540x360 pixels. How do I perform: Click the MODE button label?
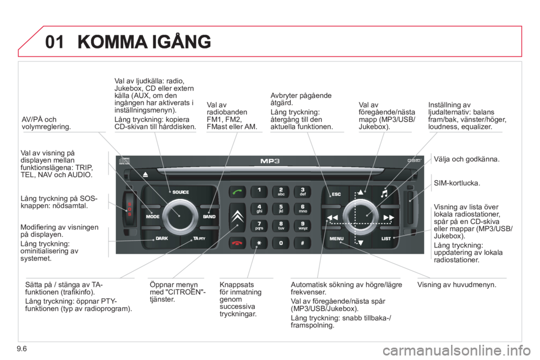pyautogui.click(x=152, y=217)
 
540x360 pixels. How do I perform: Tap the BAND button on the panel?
pyautogui.click(x=209, y=217)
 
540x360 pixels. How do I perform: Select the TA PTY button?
pyautogui.click(x=199, y=238)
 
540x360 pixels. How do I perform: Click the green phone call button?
pyautogui.click(x=237, y=192)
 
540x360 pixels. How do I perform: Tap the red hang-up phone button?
pyautogui.click(x=237, y=243)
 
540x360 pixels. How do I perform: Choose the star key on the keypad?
pyautogui.click(x=259, y=243)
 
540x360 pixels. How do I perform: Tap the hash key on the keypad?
pyautogui.click(x=303, y=243)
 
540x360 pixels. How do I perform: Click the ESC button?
pyautogui.click(x=336, y=194)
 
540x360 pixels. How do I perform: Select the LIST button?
pyautogui.click(x=386, y=238)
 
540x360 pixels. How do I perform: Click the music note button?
pyautogui.click(x=384, y=193)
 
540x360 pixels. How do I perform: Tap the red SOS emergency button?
pyautogui.click(x=129, y=209)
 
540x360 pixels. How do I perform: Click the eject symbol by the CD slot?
pyautogui.click(x=145, y=175)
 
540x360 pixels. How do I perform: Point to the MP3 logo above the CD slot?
pyautogui.click(x=269, y=161)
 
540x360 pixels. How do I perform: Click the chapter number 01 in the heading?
pyautogui.click(x=55, y=42)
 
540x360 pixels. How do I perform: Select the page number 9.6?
pyautogui.click(x=21, y=349)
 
